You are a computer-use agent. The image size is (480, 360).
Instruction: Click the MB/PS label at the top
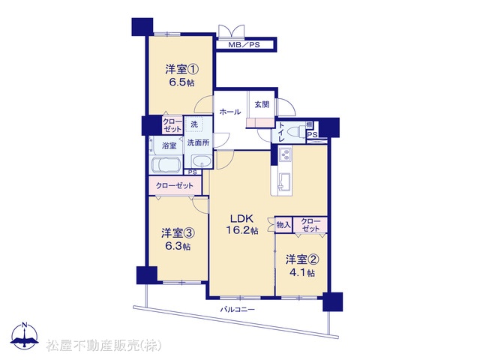pyautogui.click(x=244, y=45)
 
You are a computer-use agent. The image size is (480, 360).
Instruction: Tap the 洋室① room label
pyautogui.click(x=182, y=69)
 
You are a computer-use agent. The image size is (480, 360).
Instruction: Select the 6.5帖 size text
pyautogui.click(x=181, y=82)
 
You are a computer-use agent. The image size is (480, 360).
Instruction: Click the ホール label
pyautogui.click(x=230, y=112)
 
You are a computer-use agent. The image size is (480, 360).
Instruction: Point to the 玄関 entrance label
pyautogui.click(x=262, y=104)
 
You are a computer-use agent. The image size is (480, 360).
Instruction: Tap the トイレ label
pyautogui.click(x=280, y=132)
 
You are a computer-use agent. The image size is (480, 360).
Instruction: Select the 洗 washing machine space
pyautogui.click(x=195, y=124)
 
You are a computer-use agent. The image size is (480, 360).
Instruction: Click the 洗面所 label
pyautogui.click(x=198, y=142)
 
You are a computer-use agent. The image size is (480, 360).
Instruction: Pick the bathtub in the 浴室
pyautogui.click(x=165, y=166)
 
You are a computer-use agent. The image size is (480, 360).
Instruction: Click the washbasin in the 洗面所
pyautogui.click(x=201, y=161)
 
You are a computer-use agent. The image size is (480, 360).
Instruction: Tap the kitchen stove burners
pyautogui.click(x=286, y=154)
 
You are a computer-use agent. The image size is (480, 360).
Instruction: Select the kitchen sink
pyautogui.click(x=285, y=181)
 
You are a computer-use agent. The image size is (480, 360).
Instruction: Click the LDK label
pyautogui.click(x=241, y=218)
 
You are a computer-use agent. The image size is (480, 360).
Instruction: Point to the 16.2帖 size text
pyautogui.click(x=241, y=230)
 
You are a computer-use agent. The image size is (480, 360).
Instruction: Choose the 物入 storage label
pyautogui.click(x=283, y=225)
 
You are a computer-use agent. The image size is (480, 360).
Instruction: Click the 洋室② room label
pyautogui.click(x=302, y=260)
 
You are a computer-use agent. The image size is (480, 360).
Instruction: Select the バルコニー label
pyautogui.click(x=238, y=309)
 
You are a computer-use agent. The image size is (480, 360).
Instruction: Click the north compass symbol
pyautogui.click(x=25, y=335)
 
